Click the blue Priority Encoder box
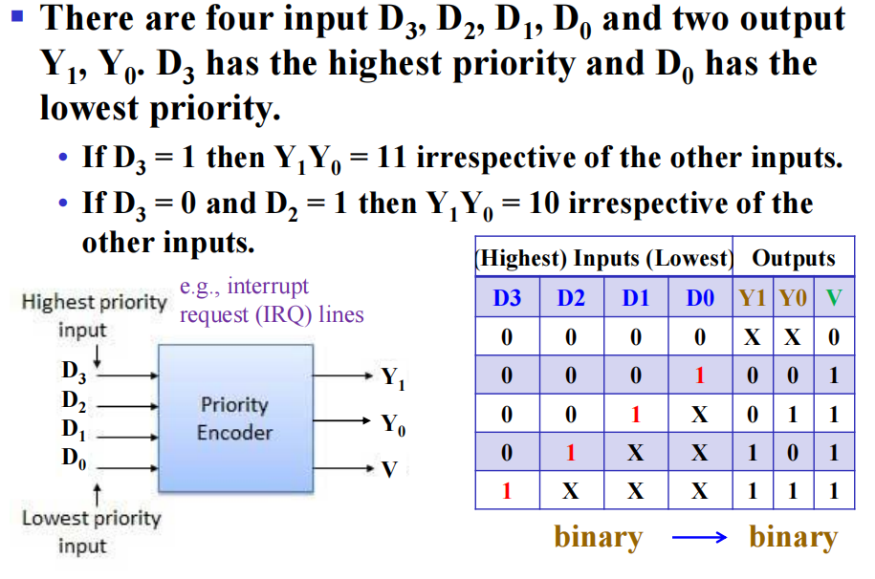[235, 418]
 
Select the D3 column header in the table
[507, 298]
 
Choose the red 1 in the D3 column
[507, 492]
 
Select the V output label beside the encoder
[388, 469]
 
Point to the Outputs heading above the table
[794, 258]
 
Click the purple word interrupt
[269, 287]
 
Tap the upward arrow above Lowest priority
[96, 493]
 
